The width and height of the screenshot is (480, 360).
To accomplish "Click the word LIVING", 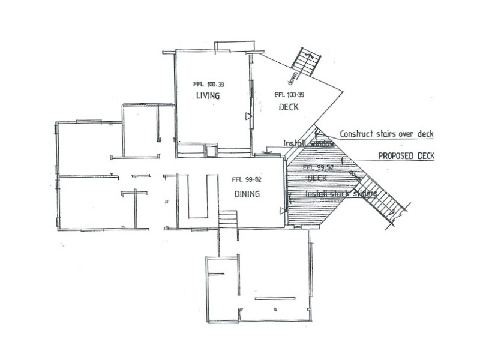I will coord(208,96).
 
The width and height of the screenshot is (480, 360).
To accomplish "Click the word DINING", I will coord(247,194).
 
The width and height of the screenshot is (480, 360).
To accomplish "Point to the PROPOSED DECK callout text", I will coord(406,155).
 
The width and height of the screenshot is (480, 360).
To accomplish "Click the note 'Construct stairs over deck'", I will coord(386,134).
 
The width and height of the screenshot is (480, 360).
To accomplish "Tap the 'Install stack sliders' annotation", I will coord(341,194).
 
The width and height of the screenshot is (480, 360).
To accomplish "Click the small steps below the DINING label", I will coord(227,219).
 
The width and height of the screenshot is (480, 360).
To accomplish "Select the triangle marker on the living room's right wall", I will coord(248,116).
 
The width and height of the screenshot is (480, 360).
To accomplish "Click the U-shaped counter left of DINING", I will coord(198,198).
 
